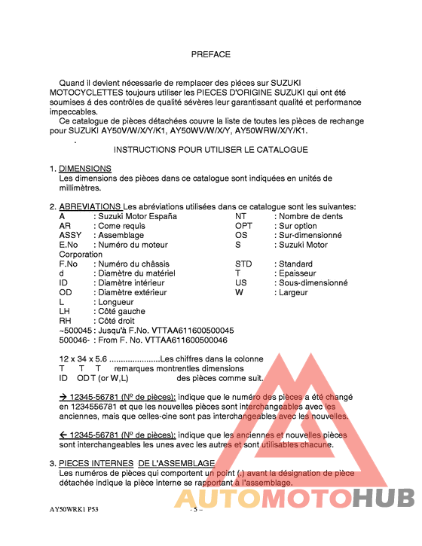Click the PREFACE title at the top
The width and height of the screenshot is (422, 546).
[x=211, y=54]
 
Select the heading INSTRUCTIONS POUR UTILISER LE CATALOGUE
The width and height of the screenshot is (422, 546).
[x=210, y=150]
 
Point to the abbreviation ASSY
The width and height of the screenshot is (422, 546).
[x=70, y=235]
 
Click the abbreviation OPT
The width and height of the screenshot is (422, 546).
[x=243, y=226]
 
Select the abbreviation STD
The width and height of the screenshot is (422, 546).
[x=243, y=264]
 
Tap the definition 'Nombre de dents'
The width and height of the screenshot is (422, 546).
[x=311, y=216]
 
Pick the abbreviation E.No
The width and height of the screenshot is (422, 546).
[x=69, y=245]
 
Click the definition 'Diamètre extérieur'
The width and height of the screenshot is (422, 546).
[x=133, y=292]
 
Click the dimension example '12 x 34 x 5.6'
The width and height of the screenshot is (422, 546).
[x=84, y=359]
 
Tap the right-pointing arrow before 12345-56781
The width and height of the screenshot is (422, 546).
[x=63, y=396]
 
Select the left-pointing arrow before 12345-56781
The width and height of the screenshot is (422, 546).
[x=63, y=435]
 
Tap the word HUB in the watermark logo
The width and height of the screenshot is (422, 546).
[x=384, y=499]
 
